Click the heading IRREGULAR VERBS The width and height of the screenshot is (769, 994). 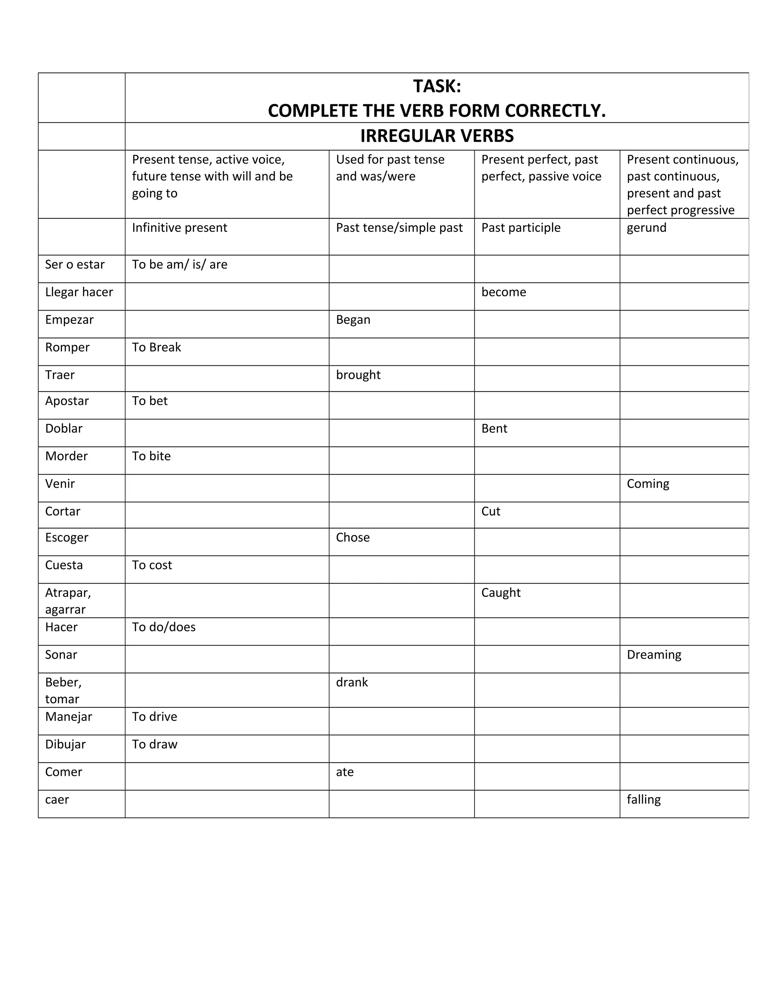437,136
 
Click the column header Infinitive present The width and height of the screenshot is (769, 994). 179,228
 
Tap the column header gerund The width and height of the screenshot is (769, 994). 647,228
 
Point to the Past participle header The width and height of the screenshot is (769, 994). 521,228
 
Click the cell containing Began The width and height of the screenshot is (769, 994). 353,320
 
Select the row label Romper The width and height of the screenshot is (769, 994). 68,347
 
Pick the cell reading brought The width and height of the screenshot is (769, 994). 358,375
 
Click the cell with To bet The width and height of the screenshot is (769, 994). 150,401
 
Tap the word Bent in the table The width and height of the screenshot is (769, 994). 494,428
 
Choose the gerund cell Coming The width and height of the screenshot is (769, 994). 648,484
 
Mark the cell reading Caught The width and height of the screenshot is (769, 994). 501,593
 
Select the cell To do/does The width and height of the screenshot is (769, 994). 164,627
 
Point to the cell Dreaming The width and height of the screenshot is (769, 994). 654,655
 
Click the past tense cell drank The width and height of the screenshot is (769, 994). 352,682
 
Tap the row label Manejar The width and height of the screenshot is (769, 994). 68,717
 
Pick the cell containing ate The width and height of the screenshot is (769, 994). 345,772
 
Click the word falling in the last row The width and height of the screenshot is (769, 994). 643,800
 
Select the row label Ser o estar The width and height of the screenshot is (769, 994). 75,264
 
